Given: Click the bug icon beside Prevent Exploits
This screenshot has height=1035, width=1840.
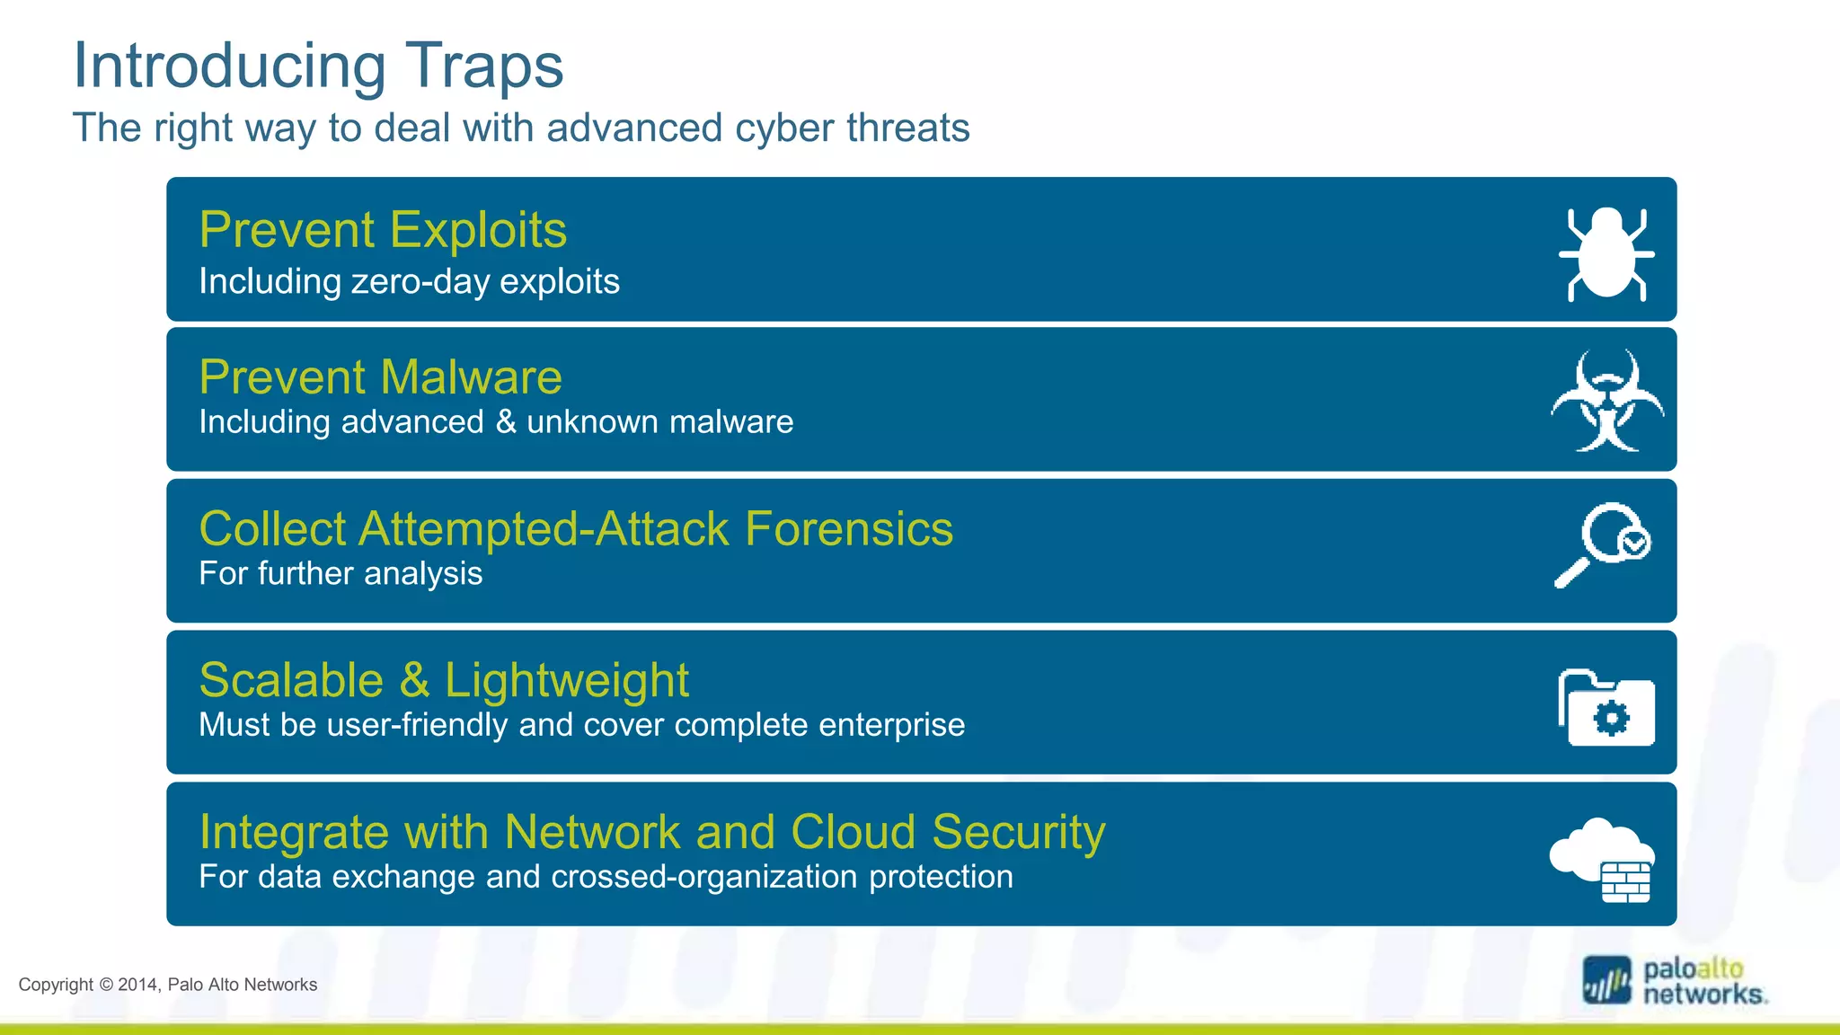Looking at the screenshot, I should tap(1606, 253).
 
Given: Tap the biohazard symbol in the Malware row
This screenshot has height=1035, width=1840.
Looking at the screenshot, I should tap(1607, 401).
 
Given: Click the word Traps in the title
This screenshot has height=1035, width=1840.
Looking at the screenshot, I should tap(484, 66).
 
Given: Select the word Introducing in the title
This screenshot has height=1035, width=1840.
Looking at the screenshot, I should tap(229, 66).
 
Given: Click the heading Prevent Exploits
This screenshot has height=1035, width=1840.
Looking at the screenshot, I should tap(383, 230).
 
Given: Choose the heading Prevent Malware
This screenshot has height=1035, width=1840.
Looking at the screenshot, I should tap(380, 377).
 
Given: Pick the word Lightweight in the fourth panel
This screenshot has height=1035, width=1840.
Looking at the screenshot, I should tap(566, 680).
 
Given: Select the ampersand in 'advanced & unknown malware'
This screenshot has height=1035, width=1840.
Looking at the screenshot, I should tap(506, 422).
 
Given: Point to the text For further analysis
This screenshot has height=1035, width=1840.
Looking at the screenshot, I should tap(341, 573).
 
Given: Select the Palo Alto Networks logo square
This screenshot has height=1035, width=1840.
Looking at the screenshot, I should tap(1606, 980).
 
